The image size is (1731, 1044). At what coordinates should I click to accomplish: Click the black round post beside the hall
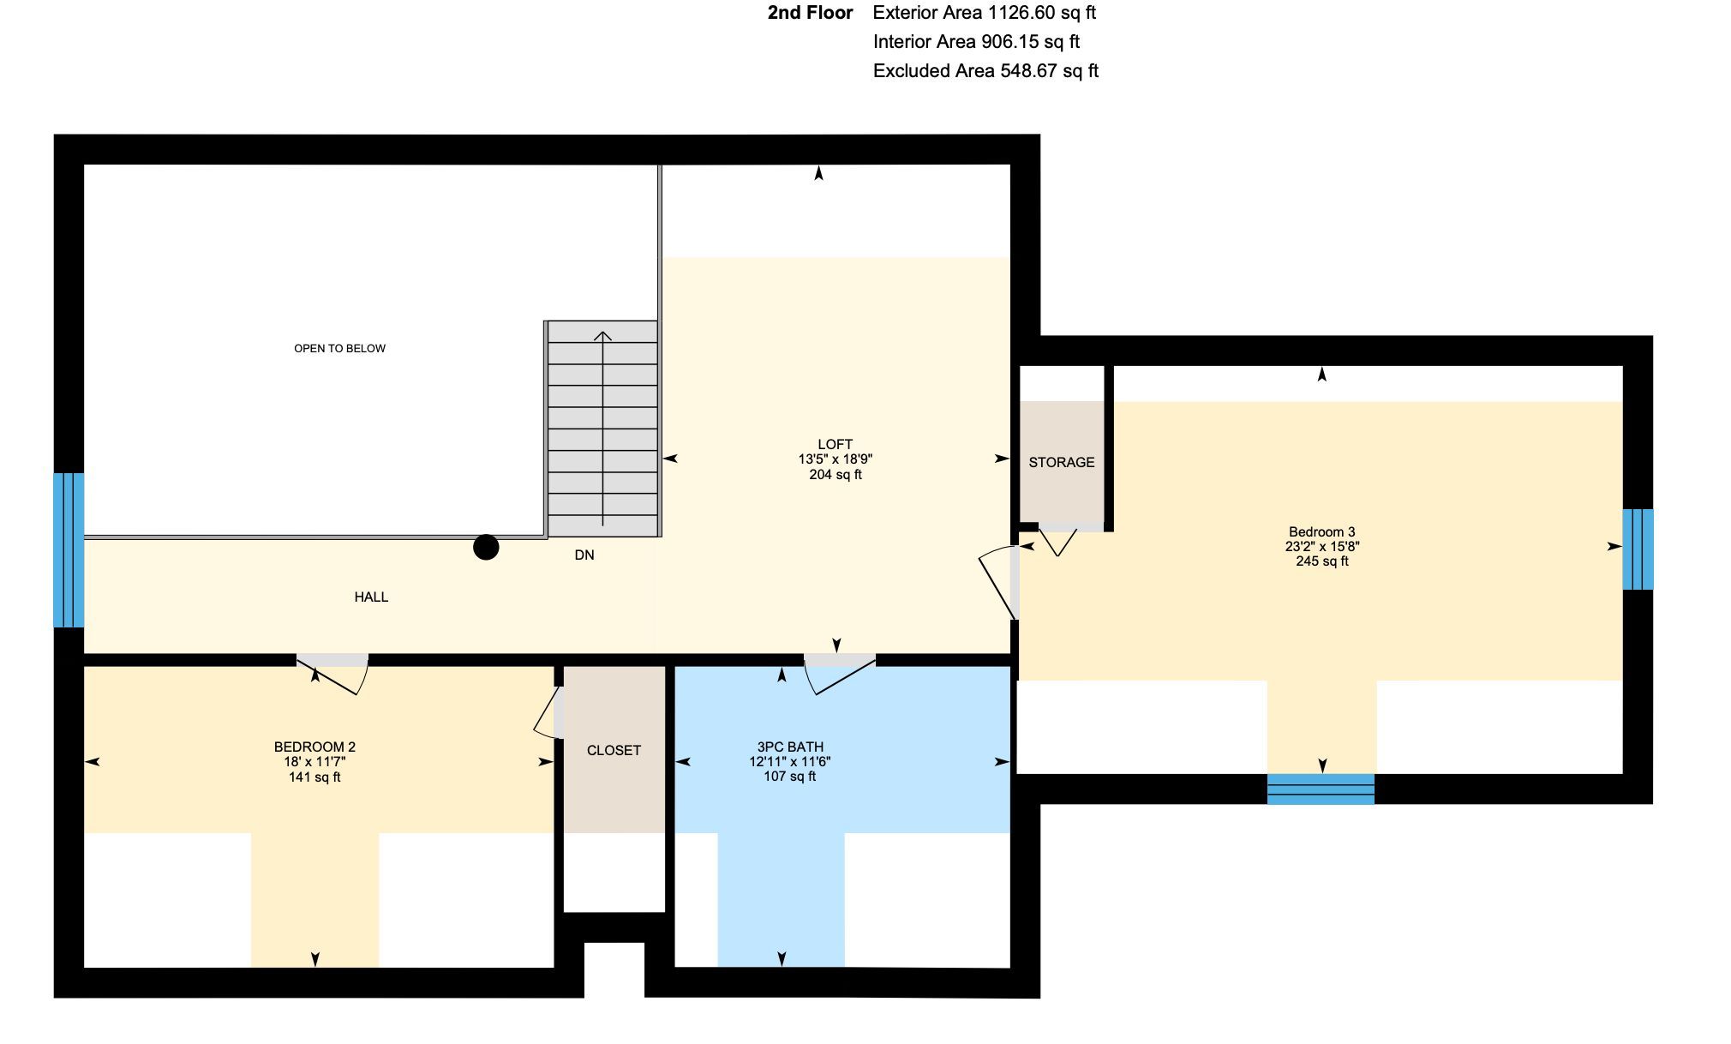(486, 547)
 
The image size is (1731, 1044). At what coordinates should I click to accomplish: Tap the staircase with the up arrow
(602, 429)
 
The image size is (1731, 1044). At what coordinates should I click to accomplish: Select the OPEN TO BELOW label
(339, 348)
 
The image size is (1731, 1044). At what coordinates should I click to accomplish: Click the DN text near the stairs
(584, 555)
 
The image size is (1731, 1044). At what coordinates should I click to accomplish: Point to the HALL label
(371, 597)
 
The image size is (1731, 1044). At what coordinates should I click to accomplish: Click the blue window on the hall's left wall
(69, 550)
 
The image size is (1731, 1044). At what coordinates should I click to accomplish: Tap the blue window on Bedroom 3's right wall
(1638, 549)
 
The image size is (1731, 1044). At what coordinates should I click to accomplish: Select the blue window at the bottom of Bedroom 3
(1321, 789)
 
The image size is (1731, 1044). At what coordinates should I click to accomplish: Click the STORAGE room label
(1062, 462)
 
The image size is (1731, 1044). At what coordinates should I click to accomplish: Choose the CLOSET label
(614, 750)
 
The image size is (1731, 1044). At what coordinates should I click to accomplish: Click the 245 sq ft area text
(1321, 561)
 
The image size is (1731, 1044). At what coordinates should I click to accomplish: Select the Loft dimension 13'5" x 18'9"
(836, 459)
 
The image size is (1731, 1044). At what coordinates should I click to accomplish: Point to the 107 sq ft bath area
(789, 777)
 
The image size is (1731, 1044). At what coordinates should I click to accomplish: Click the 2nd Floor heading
(811, 13)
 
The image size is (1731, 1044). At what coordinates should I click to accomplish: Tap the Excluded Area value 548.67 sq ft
(1049, 71)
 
